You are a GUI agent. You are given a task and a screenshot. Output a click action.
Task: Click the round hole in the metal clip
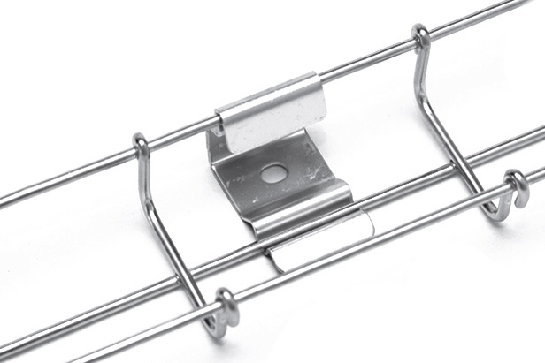tap(274, 173)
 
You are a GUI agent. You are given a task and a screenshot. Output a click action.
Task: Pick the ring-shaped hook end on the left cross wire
tap(227, 306)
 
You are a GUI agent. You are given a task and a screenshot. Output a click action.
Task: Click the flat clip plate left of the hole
tap(243, 177)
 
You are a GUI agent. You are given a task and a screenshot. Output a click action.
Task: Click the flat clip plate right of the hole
tap(305, 168)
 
